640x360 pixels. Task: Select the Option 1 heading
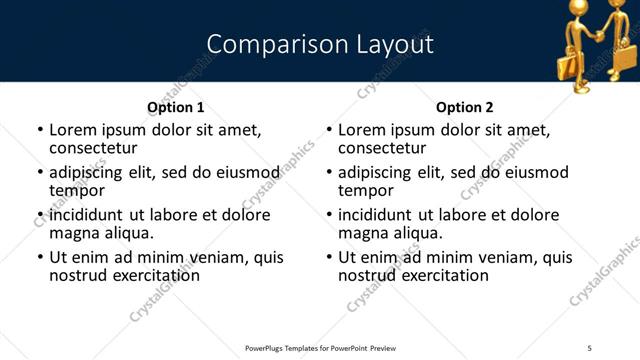point(176,107)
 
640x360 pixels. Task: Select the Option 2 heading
point(465,107)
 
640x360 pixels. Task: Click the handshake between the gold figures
point(598,37)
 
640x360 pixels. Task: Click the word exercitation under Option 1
point(152,275)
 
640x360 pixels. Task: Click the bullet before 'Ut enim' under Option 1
point(39,257)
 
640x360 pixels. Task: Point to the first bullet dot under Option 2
point(328,130)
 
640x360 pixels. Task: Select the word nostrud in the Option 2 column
point(367,275)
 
